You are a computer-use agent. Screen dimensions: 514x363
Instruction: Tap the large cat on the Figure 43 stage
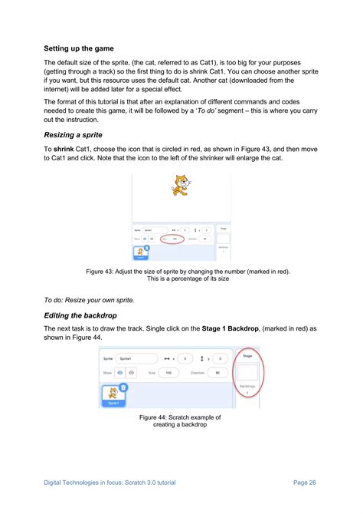180,185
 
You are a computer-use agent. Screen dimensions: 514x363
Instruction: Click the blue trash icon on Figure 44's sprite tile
123,387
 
